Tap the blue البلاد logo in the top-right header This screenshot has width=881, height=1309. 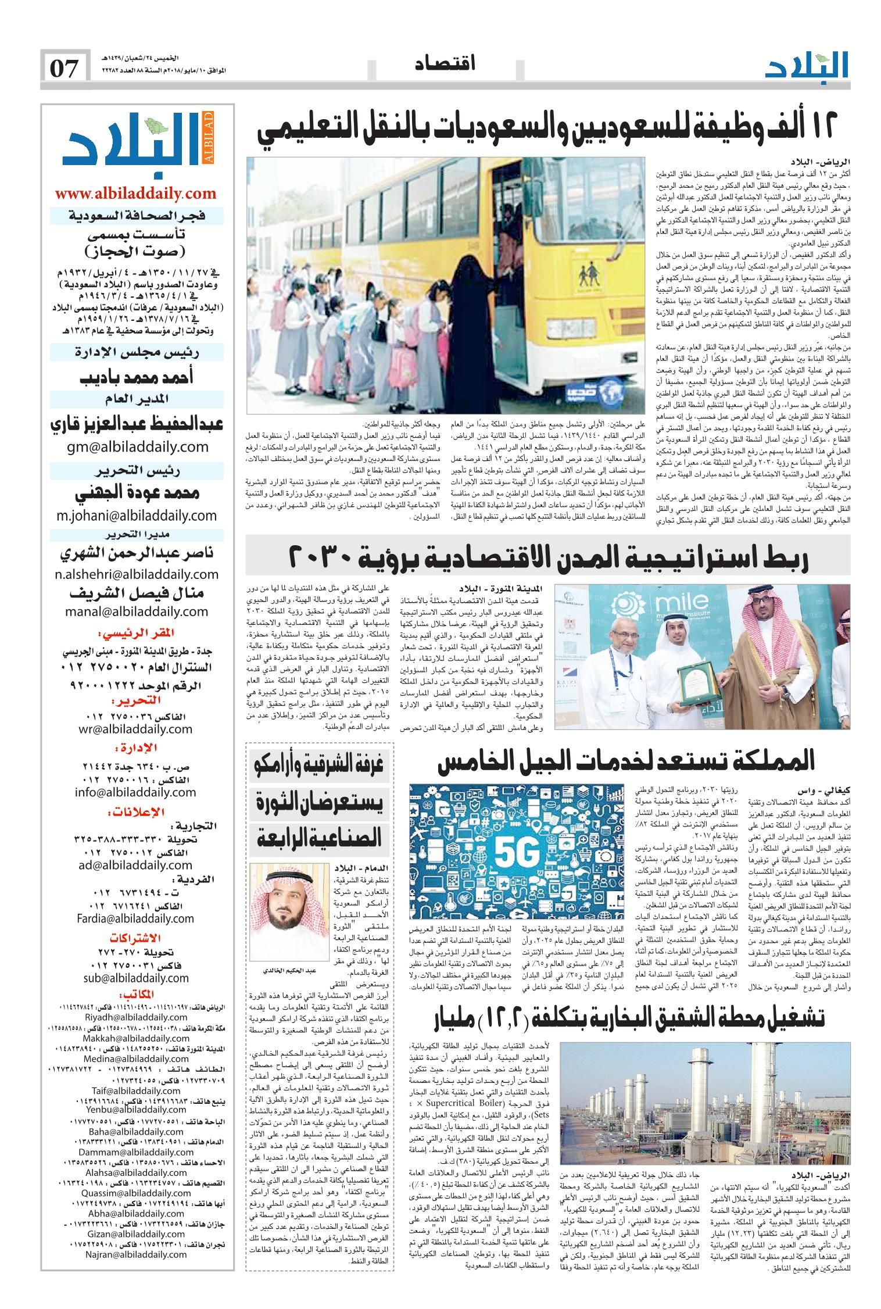click(x=807, y=66)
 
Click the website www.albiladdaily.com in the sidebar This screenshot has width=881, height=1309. click(x=135, y=193)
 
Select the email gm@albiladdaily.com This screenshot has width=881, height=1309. click(x=137, y=446)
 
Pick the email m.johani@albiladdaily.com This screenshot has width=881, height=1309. click(x=137, y=515)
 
